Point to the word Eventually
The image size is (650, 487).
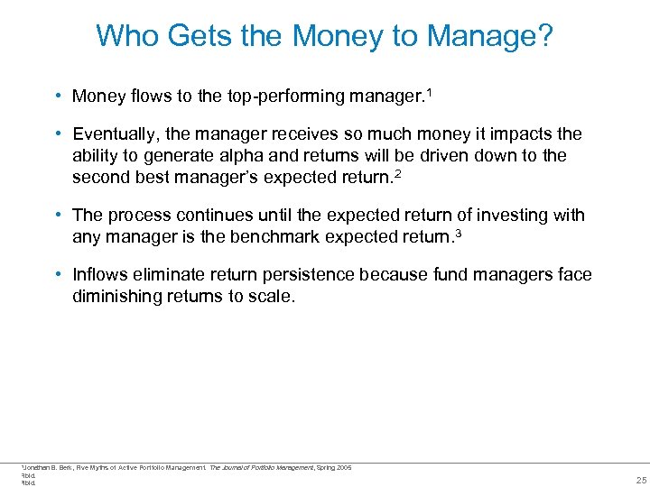(x=116, y=134)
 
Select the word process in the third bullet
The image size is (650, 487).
(x=135, y=216)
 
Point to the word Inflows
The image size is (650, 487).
(x=102, y=275)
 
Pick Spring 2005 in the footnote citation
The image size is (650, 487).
(x=333, y=467)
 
